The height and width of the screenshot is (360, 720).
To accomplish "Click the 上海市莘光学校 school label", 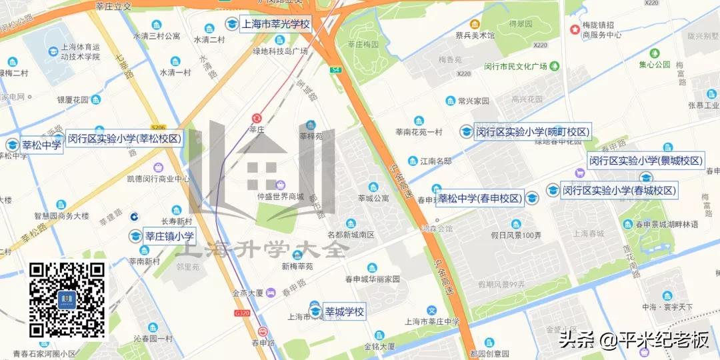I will (x=275, y=24).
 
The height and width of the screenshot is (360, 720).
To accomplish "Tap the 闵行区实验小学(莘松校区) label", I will (x=125, y=139).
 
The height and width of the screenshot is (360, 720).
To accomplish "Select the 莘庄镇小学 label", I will (x=169, y=236).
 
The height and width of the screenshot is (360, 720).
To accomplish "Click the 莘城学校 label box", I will (x=344, y=311).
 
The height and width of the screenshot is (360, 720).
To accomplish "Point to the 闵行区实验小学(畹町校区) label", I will (x=532, y=132).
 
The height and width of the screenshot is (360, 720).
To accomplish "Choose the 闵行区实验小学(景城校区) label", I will (x=645, y=161).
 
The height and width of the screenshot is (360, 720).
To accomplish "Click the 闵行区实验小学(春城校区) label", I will (x=619, y=191).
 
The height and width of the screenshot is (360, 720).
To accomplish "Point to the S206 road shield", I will (x=158, y=127).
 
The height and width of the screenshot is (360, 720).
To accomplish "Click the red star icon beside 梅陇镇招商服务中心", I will (x=575, y=30).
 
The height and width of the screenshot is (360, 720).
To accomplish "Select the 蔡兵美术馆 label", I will (x=494, y=35).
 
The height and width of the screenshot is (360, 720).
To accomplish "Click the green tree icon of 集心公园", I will (x=654, y=53).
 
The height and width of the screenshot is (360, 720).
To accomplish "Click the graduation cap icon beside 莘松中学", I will (x=12, y=145).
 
